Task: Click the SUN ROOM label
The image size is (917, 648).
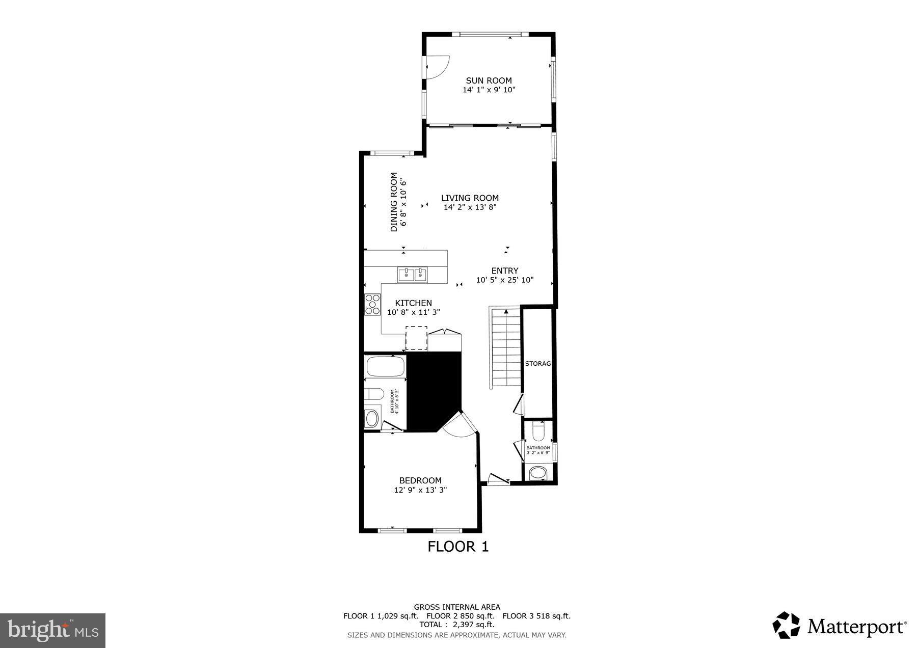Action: click(489, 80)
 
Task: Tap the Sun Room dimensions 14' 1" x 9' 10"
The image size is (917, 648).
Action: click(489, 90)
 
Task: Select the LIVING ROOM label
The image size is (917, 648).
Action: click(470, 198)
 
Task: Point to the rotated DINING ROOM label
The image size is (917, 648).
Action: click(394, 202)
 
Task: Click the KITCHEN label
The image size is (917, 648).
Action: click(413, 303)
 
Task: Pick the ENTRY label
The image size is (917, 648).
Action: click(504, 271)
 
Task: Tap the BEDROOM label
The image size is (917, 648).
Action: click(420, 480)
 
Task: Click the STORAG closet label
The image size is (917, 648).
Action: click(538, 364)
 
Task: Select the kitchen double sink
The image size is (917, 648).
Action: click(413, 275)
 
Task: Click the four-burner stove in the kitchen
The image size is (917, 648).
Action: click(372, 304)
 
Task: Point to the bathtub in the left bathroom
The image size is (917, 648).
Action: click(385, 366)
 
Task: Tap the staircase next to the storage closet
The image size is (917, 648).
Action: click(506, 348)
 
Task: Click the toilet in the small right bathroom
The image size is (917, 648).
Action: click(537, 431)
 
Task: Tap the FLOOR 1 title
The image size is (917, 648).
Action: click(457, 547)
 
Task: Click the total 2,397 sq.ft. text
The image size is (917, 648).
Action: click(456, 625)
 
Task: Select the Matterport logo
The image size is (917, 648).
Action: click(839, 625)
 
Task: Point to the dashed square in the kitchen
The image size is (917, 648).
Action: click(416, 338)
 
